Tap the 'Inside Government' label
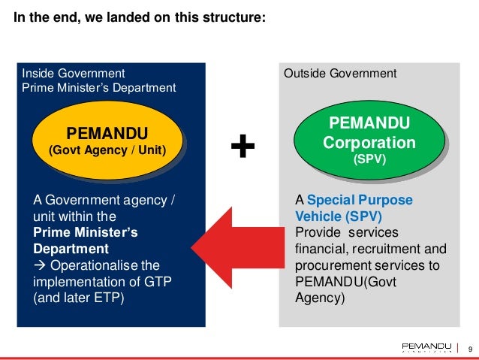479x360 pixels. point(73,74)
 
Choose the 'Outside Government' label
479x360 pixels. point(339,74)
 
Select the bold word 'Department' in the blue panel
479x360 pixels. point(71,249)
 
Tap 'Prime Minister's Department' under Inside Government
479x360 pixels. point(99,88)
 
